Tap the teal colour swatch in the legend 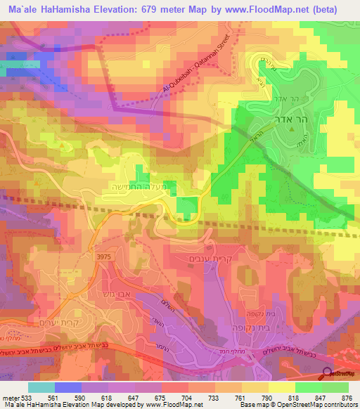pyautogui.click(x=41, y=387)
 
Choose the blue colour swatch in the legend pyautogui.click(x=68, y=387)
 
